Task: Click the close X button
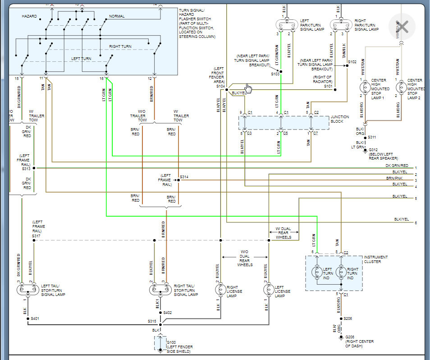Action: [402, 27]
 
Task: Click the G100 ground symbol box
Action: [160, 343]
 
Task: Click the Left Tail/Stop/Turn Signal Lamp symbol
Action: [27, 289]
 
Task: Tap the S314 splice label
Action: [184, 176]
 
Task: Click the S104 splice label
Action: [220, 86]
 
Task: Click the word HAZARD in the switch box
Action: [29, 16]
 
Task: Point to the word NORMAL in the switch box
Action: [116, 16]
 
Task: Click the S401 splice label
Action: [35, 318]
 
